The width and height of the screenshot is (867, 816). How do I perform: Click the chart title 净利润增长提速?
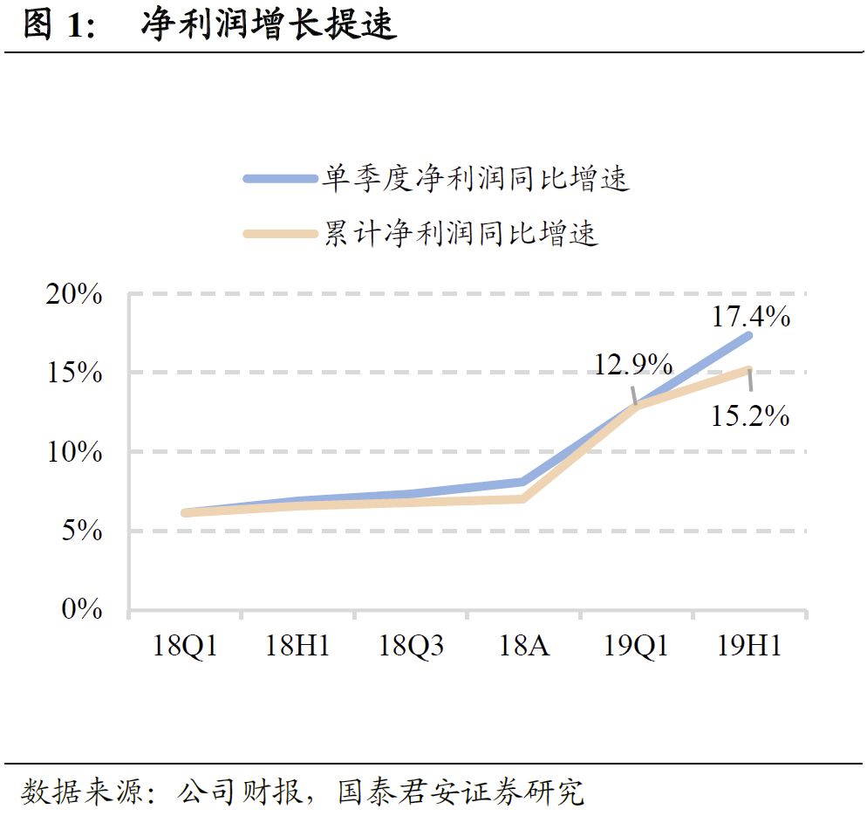[269, 26]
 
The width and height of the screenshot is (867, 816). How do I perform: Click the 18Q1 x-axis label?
[184, 647]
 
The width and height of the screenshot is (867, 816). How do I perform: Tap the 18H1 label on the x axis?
[297, 647]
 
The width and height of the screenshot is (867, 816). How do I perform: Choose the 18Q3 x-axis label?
[411, 647]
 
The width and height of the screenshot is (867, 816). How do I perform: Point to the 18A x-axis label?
[523, 647]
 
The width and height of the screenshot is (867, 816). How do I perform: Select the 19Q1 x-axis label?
[637, 647]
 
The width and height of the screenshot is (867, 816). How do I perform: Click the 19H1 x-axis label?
[749, 647]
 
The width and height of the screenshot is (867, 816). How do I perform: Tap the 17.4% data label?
[751, 316]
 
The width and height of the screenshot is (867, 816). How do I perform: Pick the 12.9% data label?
[633, 364]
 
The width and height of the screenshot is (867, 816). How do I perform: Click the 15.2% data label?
[750, 415]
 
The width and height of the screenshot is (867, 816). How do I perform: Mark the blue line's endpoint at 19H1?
[748, 335]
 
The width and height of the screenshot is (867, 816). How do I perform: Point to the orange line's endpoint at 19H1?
[748, 370]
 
